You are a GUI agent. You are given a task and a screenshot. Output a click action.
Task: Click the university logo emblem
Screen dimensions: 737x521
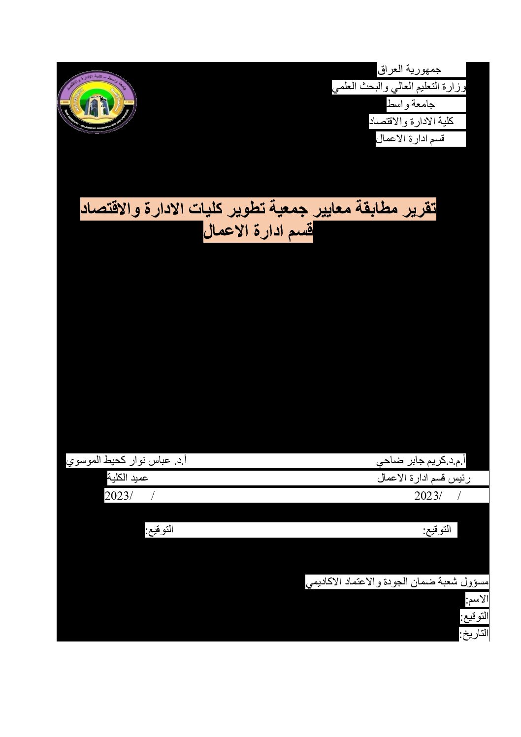coord(97,102)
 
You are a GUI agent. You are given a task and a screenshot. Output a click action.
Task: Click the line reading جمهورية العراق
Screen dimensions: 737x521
coord(409,70)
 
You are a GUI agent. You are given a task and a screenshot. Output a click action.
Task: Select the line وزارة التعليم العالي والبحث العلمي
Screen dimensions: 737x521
coord(399,88)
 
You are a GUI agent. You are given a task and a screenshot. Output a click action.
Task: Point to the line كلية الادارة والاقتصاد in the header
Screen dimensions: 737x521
coord(411,121)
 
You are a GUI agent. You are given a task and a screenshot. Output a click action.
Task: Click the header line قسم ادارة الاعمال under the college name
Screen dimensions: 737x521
coord(410,139)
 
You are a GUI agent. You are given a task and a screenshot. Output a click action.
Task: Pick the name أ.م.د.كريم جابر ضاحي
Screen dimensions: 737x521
coord(421,461)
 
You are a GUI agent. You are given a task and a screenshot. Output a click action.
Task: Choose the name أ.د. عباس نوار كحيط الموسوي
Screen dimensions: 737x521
coord(126,461)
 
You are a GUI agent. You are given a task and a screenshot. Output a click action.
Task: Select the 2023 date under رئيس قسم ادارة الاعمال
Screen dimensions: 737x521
coord(428,496)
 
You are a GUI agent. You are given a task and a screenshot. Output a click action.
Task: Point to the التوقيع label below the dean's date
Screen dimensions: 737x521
coord(159,530)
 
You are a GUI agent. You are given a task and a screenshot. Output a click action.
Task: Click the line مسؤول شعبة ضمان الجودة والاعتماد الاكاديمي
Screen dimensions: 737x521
coord(397,582)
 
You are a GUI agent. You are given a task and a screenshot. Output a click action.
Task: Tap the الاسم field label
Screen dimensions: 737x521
coord(477,599)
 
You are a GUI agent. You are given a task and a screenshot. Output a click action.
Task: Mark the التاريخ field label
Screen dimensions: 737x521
coord(474,634)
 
